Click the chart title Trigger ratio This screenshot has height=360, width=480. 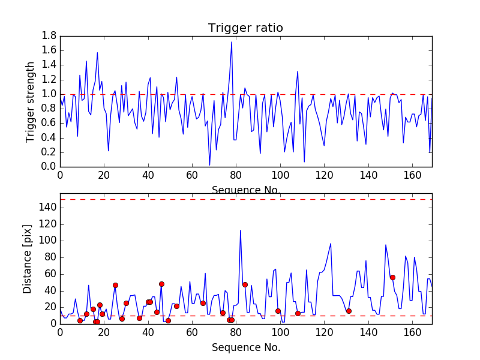(x=245, y=28)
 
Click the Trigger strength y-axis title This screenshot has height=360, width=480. (x=31, y=101)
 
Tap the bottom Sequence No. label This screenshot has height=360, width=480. (x=246, y=347)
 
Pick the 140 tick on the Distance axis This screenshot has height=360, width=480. (x=47, y=208)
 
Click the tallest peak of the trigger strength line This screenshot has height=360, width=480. (x=232, y=41)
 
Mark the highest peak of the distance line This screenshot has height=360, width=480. (x=241, y=230)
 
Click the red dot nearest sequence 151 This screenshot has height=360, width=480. (x=392, y=277)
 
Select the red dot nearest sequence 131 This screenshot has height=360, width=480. (x=349, y=311)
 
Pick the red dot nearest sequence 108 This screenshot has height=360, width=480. (x=298, y=313)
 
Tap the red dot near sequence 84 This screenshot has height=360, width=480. (x=245, y=284)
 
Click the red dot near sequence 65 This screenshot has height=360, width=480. (x=203, y=303)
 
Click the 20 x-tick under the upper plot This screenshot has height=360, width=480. (x=104, y=175)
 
